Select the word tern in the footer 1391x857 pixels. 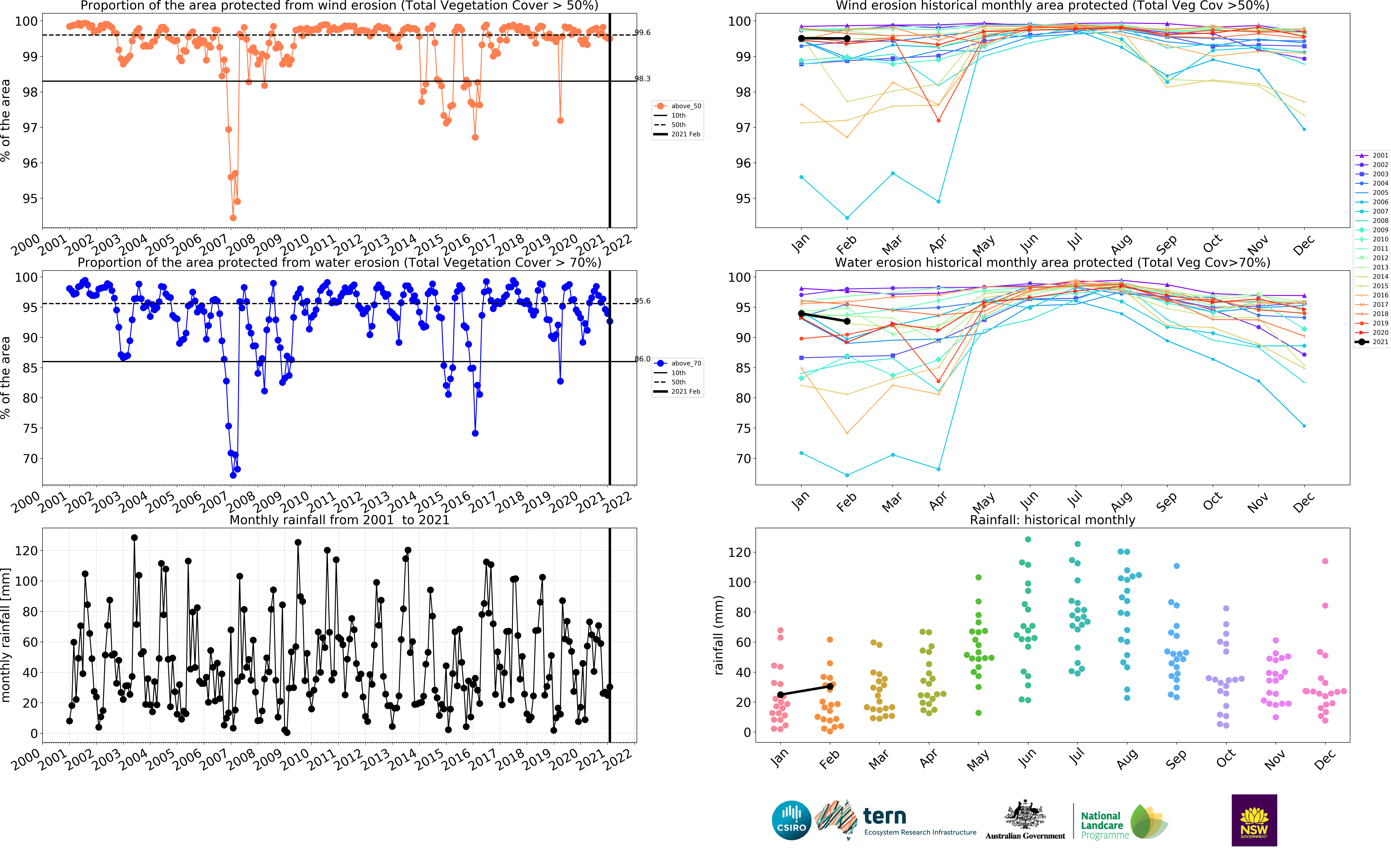point(884,816)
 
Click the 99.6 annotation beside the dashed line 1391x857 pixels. point(642,32)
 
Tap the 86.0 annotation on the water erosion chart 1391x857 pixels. point(642,359)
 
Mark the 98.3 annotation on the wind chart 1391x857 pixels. point(642,79)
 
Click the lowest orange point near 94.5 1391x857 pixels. point(233,218)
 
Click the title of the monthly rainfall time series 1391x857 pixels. point(339,520)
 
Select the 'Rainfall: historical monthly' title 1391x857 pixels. point(1052,520)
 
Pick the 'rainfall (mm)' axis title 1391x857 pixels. point(719,635)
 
